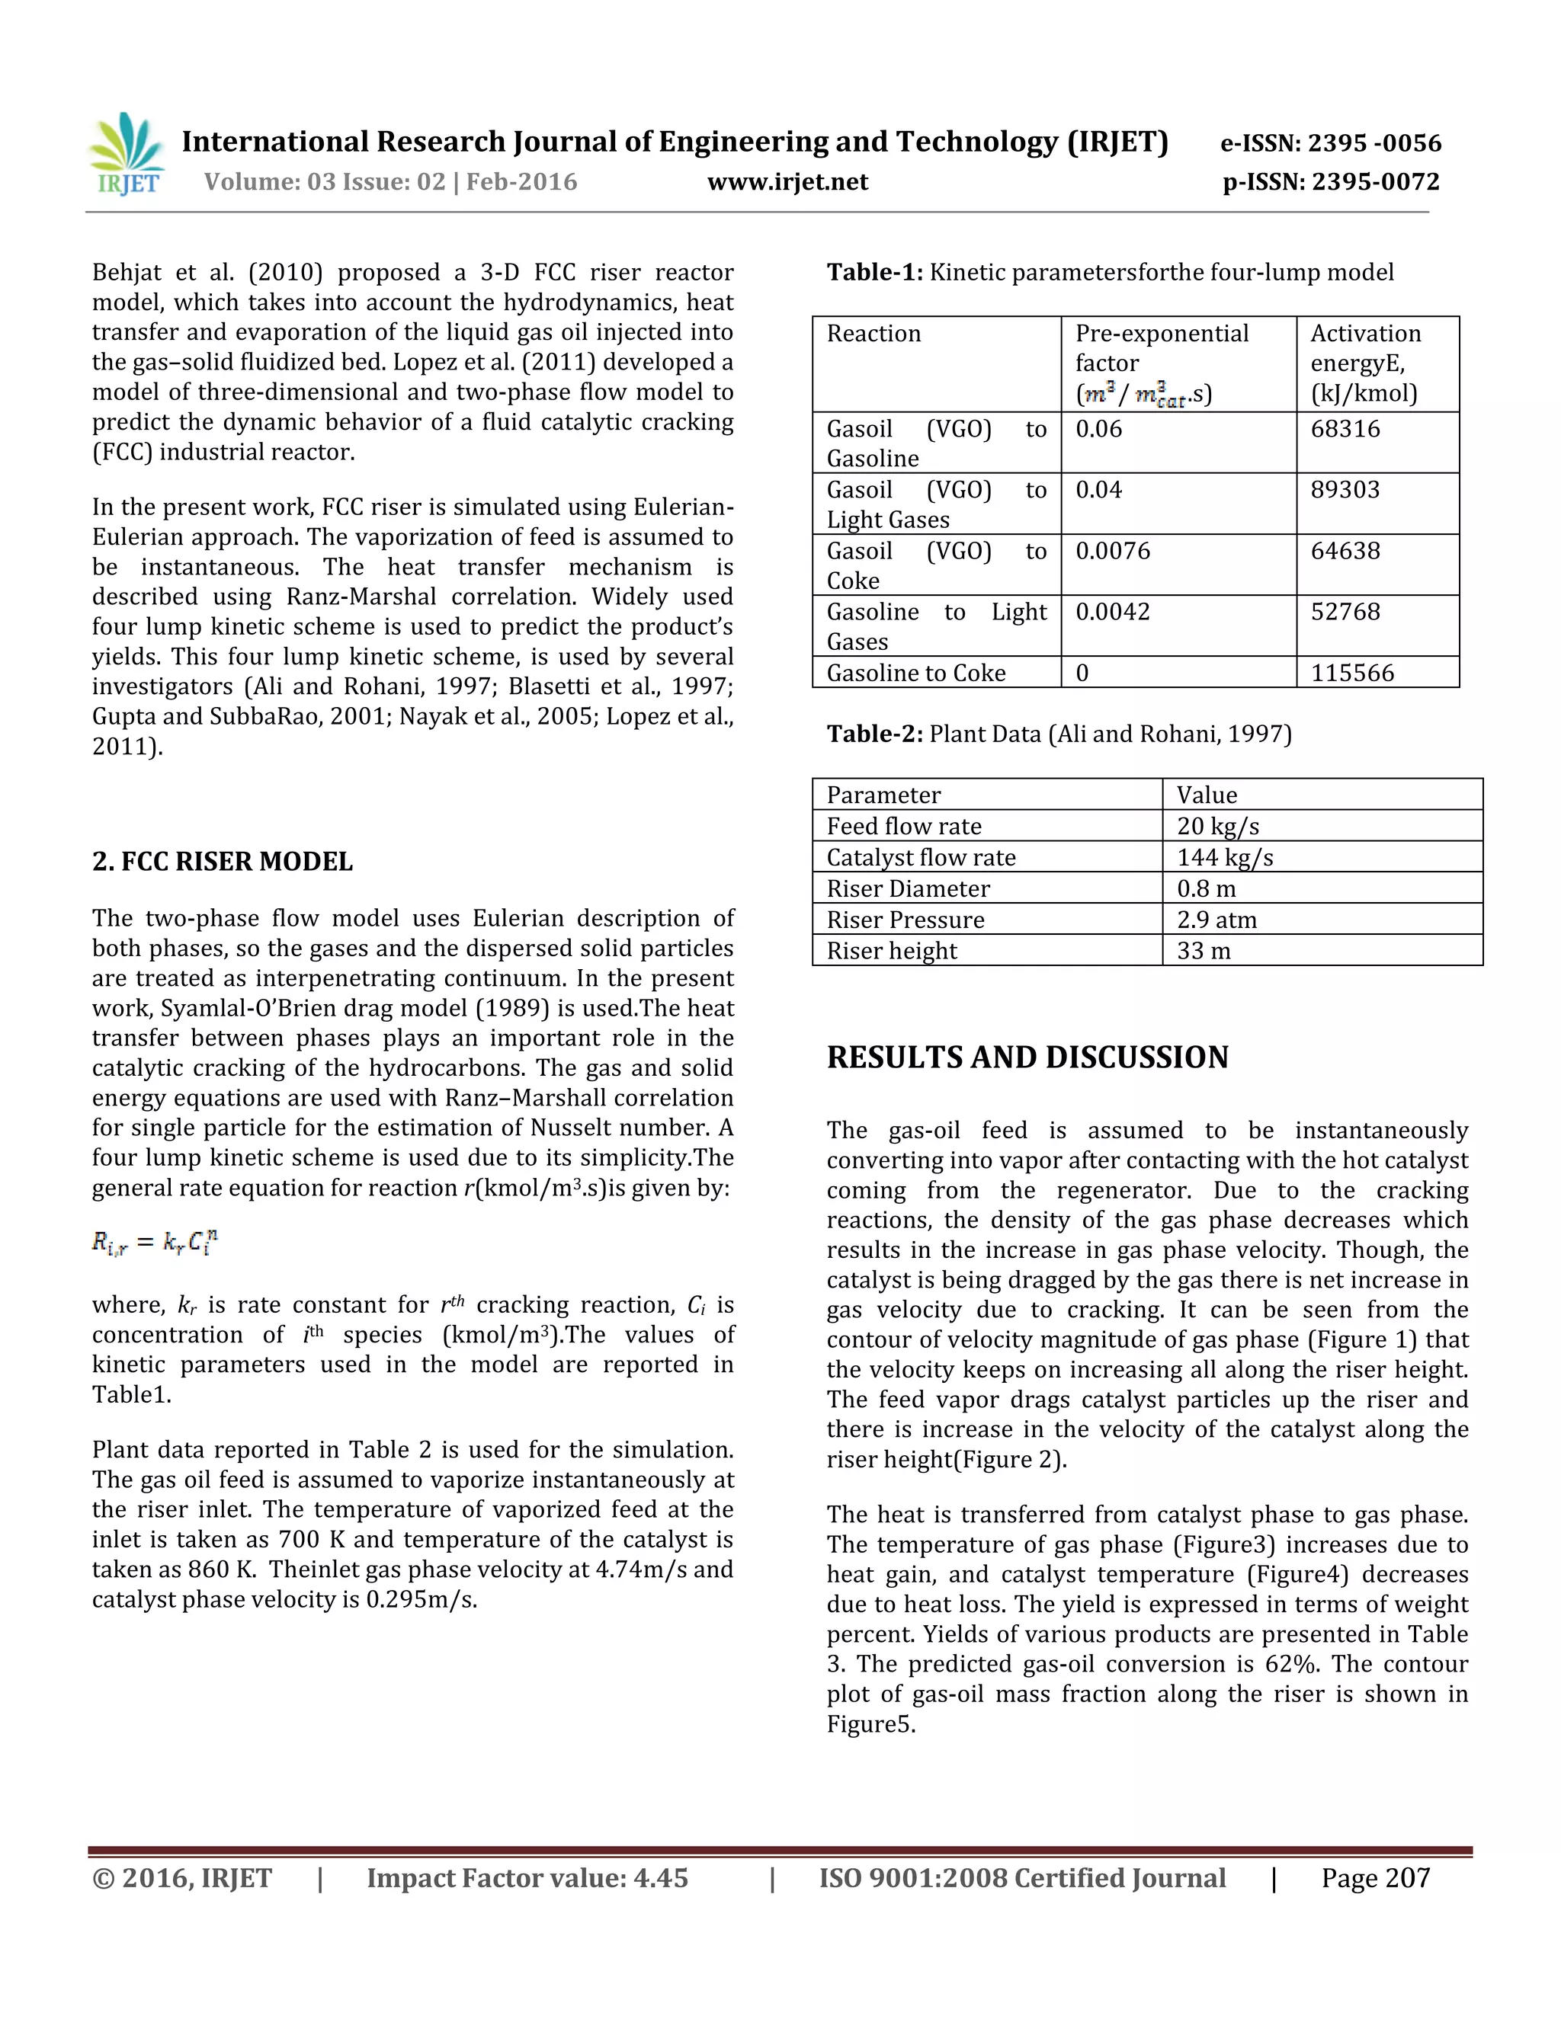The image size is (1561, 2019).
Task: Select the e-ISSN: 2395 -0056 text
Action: pos(1330,143)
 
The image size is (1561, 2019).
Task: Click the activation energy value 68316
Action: pos(1345,429)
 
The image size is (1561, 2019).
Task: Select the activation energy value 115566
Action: pos(1352,673)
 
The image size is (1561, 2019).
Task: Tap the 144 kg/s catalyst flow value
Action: pos(1224,858)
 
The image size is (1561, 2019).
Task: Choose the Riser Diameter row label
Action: pos(907,889)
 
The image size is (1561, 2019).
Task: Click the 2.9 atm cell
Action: pos(1216,920)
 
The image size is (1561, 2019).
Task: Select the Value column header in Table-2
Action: pos(1206,795)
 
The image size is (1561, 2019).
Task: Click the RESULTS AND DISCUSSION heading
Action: pos(1027,1057)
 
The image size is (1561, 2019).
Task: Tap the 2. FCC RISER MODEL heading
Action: pos(222,862)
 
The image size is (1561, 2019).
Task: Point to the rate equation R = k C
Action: pos(155,1243)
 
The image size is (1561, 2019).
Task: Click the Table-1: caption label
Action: pos(874,273)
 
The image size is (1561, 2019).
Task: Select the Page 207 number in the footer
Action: pos(1374,1879)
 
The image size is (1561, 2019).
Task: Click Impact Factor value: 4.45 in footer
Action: pos(527,1879)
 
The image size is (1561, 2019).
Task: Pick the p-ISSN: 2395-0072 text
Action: pos(1330,182)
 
